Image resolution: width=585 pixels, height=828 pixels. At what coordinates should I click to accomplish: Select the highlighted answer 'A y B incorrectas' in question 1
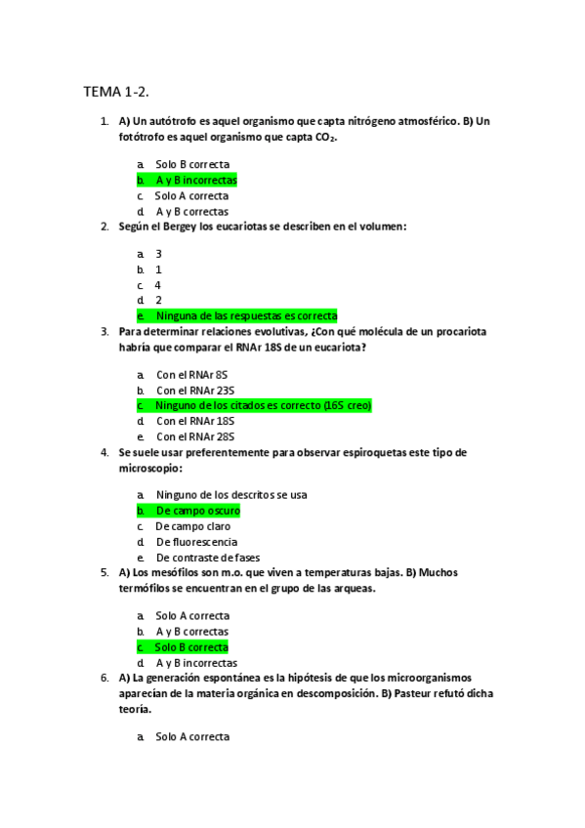(196, 181)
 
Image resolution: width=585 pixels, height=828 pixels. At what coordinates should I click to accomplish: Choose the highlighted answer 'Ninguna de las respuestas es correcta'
(246, 315)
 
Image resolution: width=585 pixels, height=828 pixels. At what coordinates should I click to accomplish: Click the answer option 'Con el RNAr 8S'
(191, 374)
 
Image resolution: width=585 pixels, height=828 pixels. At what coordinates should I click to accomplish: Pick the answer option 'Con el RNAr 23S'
(195, 390)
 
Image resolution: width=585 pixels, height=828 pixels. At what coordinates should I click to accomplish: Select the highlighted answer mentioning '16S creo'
(264, 405)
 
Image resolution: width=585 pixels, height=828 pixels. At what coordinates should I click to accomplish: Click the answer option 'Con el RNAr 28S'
(195, 436)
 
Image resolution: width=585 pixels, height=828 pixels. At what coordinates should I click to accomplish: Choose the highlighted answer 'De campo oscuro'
(197, 511)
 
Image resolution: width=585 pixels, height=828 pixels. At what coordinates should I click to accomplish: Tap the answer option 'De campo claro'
(193, 526)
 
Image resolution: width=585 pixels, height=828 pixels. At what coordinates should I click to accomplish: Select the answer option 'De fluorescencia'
(196, 542)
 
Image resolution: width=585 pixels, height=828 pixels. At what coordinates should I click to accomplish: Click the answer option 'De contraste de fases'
(208, 558)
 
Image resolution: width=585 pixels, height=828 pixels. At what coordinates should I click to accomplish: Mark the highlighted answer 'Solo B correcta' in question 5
(192, 647)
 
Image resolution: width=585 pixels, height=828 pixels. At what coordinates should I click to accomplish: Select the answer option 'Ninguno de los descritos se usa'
(231, 495)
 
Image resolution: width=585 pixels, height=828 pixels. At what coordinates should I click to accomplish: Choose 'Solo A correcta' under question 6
(192, 736)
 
